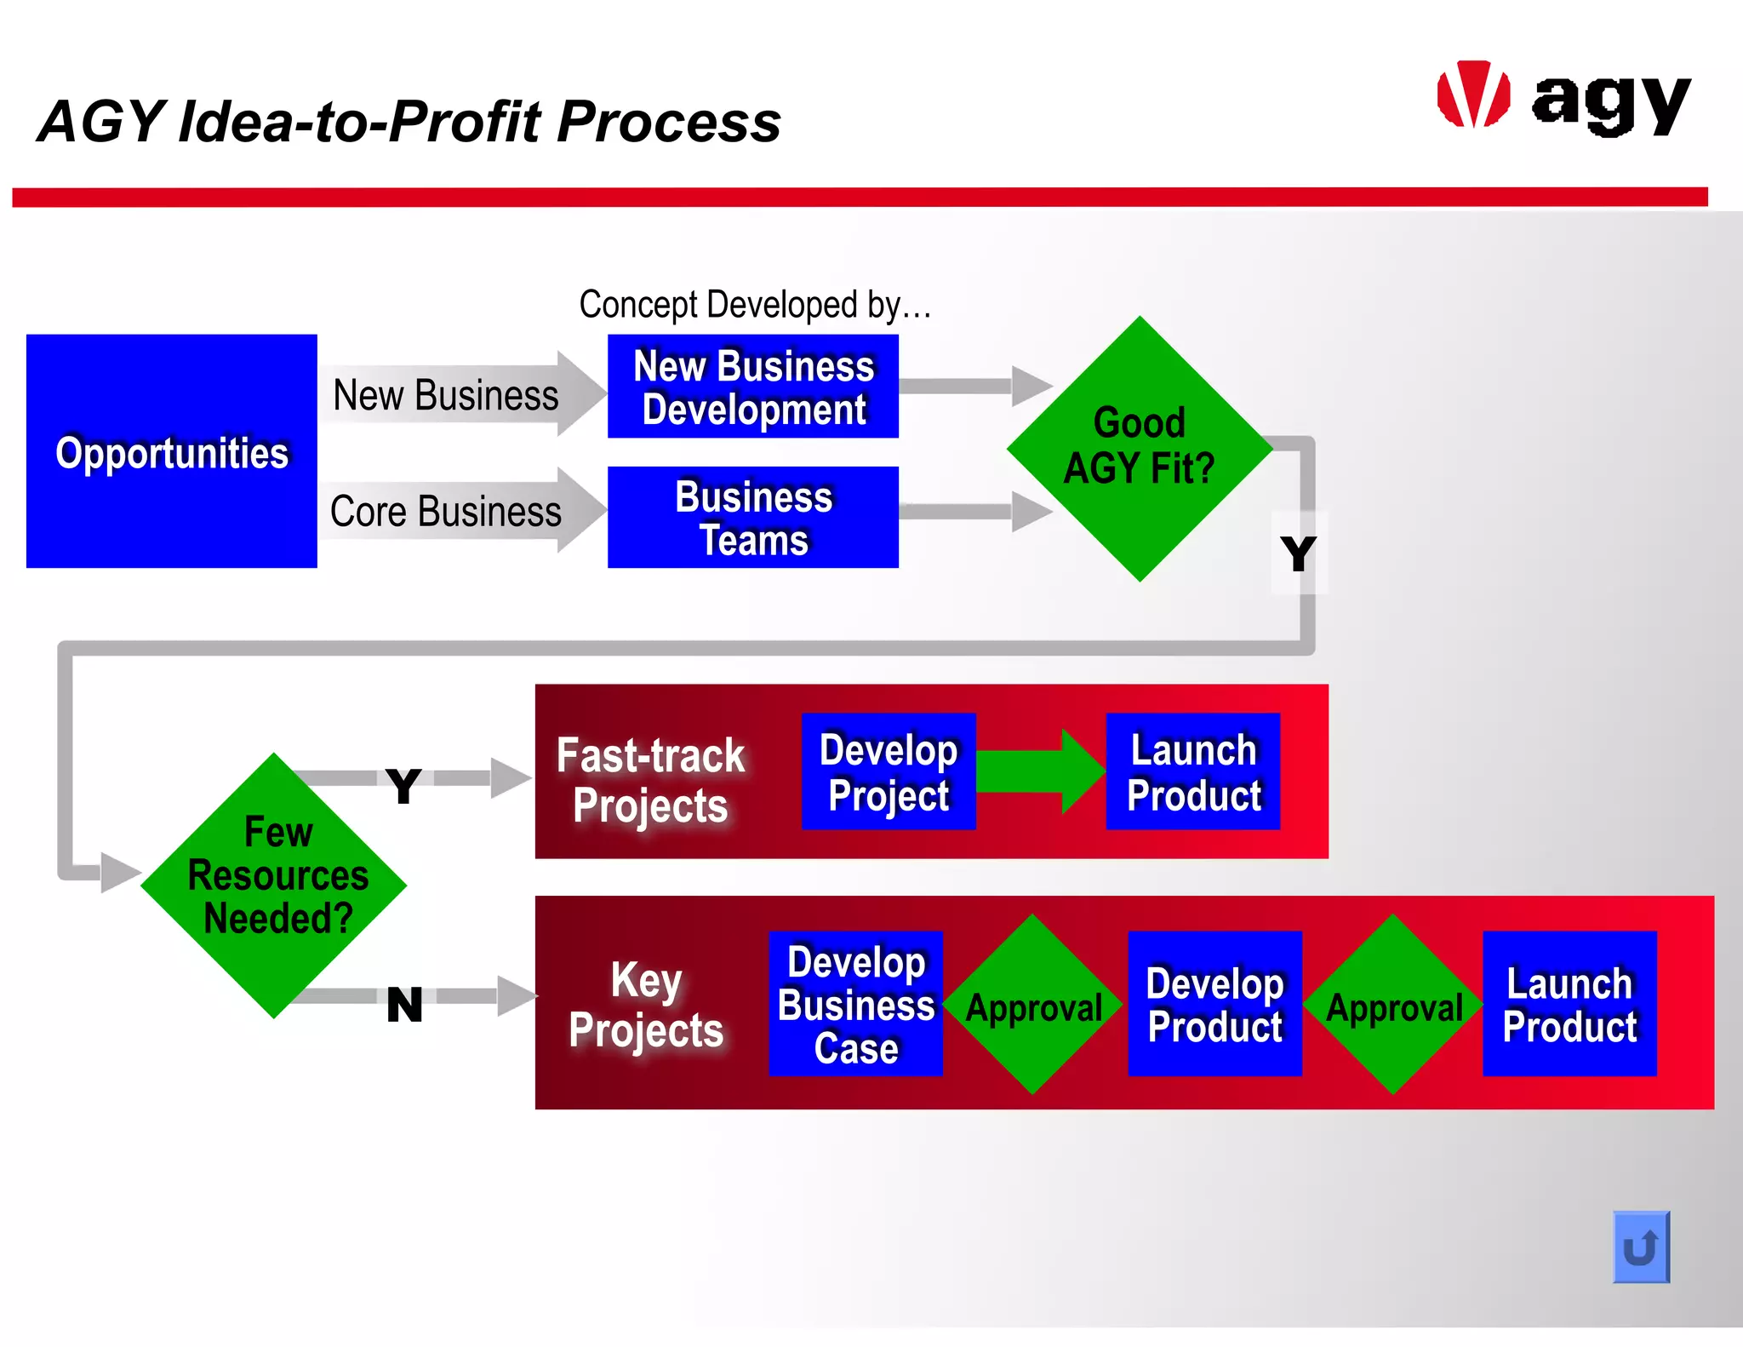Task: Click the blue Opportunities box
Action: pyautogui.click(x=171, y=451)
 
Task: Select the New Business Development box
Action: pyautogui.click(x=752, y=387)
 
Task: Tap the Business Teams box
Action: pyautogui.click(x=752, y=517)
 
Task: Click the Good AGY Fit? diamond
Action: pyautogui.click(x=1139, y=449)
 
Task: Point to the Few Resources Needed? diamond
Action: pyautogui.click(x=274, y=885)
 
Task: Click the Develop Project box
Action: pyautogui.click(x=888, y=771)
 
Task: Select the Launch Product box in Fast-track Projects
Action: pyautogui.click(x=1192, y=771)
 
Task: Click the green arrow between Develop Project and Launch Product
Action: pyautogui.click(x=1039, y=771)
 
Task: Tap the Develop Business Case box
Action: pyautogui.click(x=855, y=1004)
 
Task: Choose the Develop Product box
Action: pyautogui.click(x=1214, y=1004)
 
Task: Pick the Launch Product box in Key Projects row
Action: pyautogui.click(x=1569, y=1004)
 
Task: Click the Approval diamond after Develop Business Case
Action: pyautogui.click(x=1033, y=1006)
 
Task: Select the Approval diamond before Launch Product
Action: pyautogui.click(x=1393, y=1006)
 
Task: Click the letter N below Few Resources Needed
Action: pyautogui.click(x=404, y=1005)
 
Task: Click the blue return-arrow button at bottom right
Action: pyautogui.click(x=1640, y=1247)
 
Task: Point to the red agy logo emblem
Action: pyautogui.click(x=1473, y=95)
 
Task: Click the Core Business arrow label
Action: pyautogui.click(x=446, y=512)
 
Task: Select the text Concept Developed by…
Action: pyautogui.click(x=755, y=304)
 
